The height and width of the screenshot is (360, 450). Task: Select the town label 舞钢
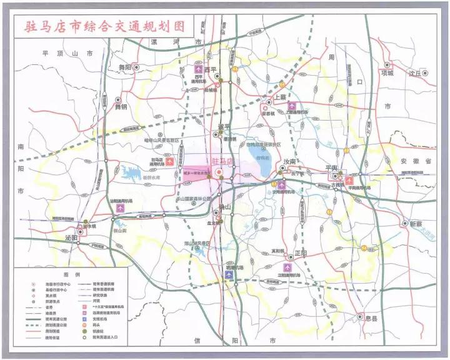pyautogui.click(x=120, y=106)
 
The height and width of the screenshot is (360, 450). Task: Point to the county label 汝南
pyautogui.click(x=289, y=161)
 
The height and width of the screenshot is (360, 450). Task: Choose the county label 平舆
pyautogui.click(x=331, y=169)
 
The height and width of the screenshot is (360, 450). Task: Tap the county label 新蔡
pyautogui.click(x=416, y=224)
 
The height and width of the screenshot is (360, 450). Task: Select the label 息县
pyautogui.click(x=372, y=318)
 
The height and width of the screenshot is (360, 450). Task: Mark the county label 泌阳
pyautogui.click(x=70, y=238)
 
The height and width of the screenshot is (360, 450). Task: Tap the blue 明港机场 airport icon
pyautogui.click(x=230, y=275)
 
